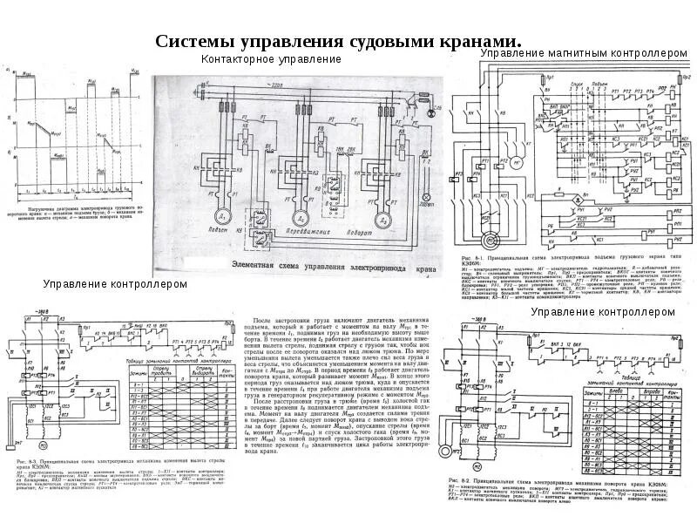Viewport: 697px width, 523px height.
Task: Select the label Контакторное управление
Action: coord(271,59)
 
